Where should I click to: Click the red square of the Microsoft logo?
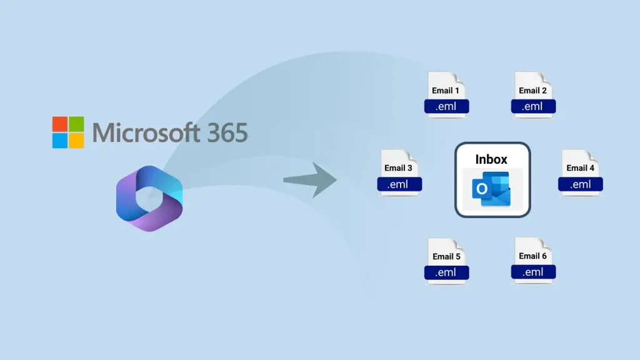tap(60, 124)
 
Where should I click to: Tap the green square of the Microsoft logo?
tap(76, 124)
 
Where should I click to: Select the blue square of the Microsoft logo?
tap(60, 140)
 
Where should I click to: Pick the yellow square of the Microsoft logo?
tap(76, 140)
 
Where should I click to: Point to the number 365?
tap(228, 132)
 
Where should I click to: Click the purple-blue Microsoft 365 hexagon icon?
tap(149, 197)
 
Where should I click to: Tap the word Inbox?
tap(491, 159)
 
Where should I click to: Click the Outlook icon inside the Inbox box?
tap(491, 189)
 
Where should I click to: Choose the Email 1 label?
tap(446, 91)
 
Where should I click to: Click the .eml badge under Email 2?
tap(533, 106)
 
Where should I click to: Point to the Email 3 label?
tap(398, 167)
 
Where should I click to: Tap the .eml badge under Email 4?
tap(581, 184)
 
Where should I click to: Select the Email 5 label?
tap(446, 256)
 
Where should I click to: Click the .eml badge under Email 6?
tap(533, 272)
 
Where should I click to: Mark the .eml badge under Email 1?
tap(446, 106)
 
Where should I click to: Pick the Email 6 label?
tap(532, 256)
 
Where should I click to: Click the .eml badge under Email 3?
tap(399, 184)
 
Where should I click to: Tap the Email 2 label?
tap(532, 90)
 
